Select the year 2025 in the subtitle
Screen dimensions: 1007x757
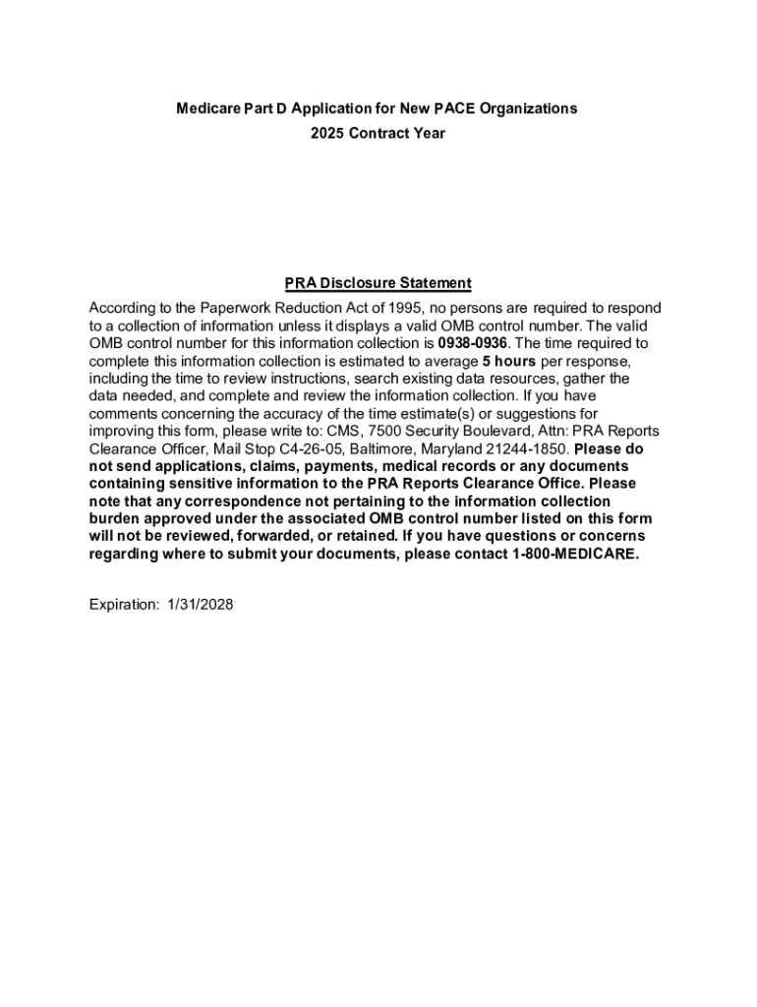[x=327, y=133]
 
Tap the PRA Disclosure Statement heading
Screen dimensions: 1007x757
[x=378, y=283]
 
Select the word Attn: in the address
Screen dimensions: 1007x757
[x=552, y=431]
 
